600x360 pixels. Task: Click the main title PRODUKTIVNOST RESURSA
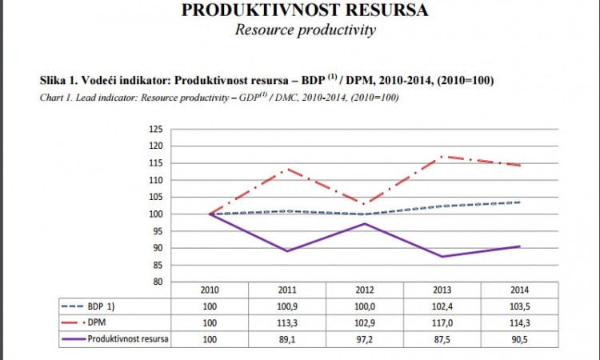point(305,10)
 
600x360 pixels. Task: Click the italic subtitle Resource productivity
point(305,30)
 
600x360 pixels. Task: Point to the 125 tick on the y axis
point(156,129)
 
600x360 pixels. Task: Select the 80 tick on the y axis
point(158,282)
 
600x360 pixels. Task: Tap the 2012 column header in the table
point(365,289)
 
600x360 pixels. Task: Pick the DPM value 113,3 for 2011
point(287,322)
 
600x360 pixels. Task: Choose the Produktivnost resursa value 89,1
point(287,338)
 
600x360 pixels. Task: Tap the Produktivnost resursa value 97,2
point(365,338)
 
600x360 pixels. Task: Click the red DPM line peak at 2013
point(442,157)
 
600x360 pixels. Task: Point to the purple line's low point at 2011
point(287,251)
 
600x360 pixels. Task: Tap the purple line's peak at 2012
point(365,223)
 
